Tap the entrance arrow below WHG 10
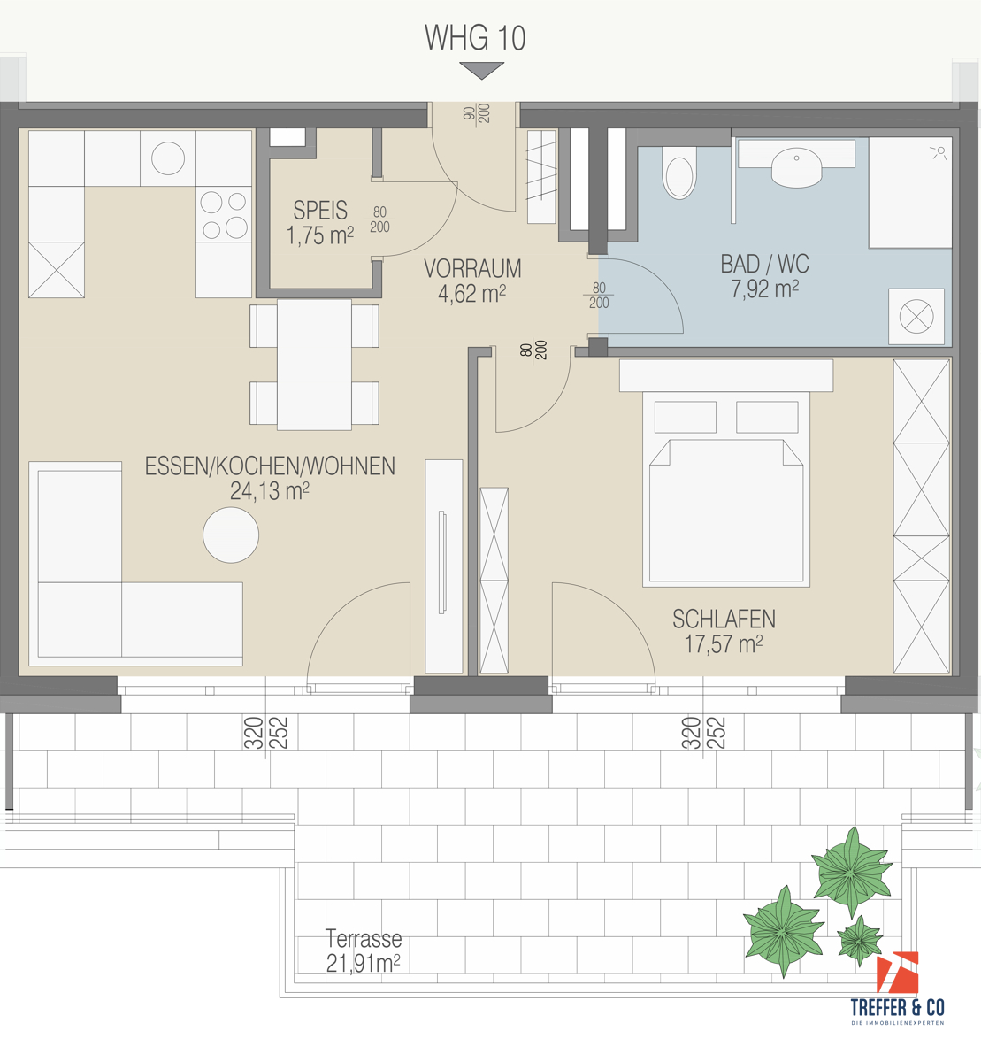click(482, 70)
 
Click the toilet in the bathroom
click(679, 173)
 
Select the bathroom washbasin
click(796, 167)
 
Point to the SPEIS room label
click(320, 210)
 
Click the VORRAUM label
click(472, 268)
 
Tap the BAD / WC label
click(764, 264)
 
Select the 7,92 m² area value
click(764, 289)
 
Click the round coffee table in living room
click(231, 535)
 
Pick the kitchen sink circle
click(168, 158)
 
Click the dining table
click(314, 365)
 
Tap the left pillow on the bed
click(685, 417)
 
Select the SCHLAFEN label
click(724, 619)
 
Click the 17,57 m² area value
click(724, 643)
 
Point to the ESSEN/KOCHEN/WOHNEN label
click(270, 466)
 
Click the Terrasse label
click(364, 938)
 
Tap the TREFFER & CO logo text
click(898, 1007)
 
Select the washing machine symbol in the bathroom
click(916, 317)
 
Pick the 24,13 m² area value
click(270, 491)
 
